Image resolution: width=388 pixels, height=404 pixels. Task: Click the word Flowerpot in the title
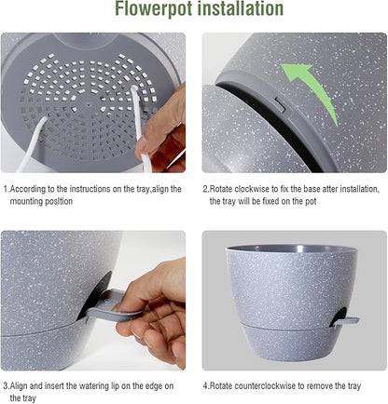152,10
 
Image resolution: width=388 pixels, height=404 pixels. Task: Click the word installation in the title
237,10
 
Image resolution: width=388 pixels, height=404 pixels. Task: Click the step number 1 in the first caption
5,188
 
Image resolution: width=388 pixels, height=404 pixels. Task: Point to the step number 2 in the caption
206,188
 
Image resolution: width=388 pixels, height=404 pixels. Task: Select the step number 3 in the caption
5,384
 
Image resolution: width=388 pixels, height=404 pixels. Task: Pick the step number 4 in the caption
206,384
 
